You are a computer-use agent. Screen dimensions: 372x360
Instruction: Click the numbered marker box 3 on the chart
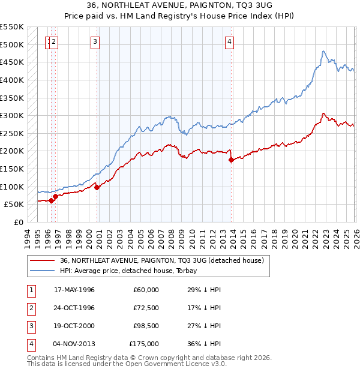pos(95,41)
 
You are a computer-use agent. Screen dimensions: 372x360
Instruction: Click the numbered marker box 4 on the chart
pos(230,41)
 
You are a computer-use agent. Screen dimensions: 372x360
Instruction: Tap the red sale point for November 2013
pos(231,160)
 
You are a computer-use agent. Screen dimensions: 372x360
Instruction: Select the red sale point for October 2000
pos(97,187)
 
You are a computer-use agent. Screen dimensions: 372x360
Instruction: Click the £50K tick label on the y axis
pos(14,205)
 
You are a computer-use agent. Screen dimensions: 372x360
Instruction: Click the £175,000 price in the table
pos(144,344)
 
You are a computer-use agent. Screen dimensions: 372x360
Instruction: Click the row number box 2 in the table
pos(31,308)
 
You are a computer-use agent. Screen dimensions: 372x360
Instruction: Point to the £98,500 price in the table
pos(146,326)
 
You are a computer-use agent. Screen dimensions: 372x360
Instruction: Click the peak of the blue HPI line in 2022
pos(323,51)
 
